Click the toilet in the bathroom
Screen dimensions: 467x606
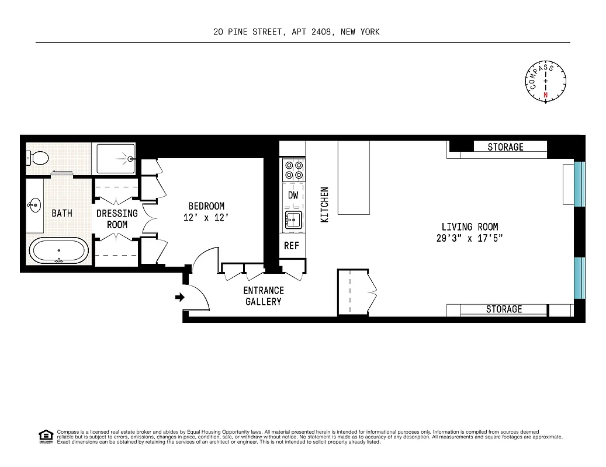pyautogui.click(x=37, y=157)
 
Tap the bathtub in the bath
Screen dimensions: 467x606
pyautogui.click(x=59, y=251)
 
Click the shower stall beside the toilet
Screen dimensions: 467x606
pyautogui.click(x=115, y=158)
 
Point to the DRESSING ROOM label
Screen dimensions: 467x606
pyautogui.click(x=117, y=219)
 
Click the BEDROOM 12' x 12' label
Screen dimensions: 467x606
pyautogui.click(x=206, y=211)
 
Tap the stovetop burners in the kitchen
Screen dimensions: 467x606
pyautogui.click(x=293, y=170)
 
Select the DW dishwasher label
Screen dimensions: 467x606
pyautogui.click(x=293, y=196)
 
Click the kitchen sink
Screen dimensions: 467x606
pyautogui.click(x=292, y=221)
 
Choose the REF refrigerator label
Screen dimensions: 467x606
pyautogui.click(x=292, y=246)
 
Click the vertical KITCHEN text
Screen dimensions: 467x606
pyautogui.click(x=325, y=204)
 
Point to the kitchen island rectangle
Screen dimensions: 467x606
pyautogui.click(x=354, y=178)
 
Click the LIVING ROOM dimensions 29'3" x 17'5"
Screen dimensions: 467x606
pyautogui.click(x=469, y=238)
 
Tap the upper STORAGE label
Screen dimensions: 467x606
pyautogui.click(x=505, y=147)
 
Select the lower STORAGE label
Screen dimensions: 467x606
pyautogui.click(x=504, y=309)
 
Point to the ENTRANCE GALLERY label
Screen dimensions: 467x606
pyautogui.click(x=264, y=296)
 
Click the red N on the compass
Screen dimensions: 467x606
pyautogui.click(x=546, y=95)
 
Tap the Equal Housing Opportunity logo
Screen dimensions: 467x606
pyautogui.click(x=46, y=435)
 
